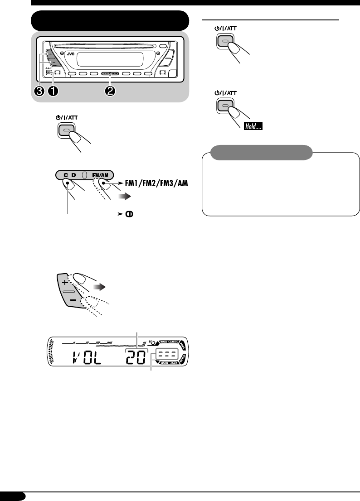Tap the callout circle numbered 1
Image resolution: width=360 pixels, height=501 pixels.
(54, 91)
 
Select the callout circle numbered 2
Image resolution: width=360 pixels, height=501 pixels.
(110, 91)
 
